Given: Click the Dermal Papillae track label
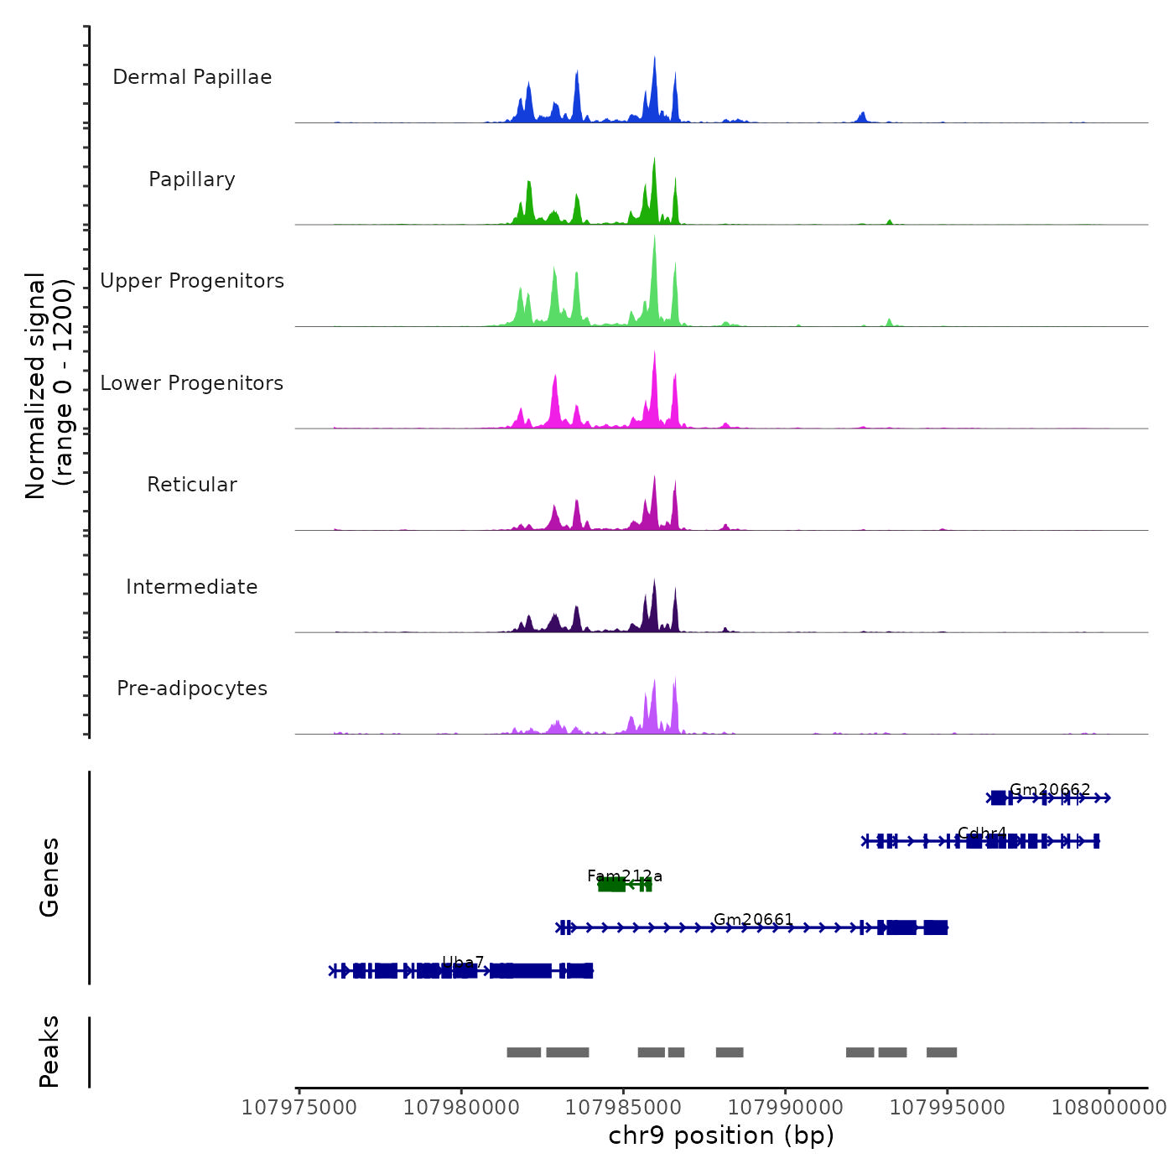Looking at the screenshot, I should pos(192,77).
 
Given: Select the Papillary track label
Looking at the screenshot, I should pos(192,179).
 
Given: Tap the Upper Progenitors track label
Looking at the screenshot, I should pos(192,281).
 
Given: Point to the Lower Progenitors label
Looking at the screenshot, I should pos(192,383).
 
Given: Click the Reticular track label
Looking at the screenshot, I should pos(192,485).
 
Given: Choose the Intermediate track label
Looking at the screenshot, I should pos(192,587).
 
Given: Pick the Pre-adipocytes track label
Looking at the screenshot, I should pos(192,688).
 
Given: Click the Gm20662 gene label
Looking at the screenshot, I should pos(1050,790).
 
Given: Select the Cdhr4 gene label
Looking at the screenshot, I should pos(982,834).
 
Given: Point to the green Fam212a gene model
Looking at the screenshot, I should pos(625,884).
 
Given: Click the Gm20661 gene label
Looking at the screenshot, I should pos(753,920).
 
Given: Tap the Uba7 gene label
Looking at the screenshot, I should pos(463,963).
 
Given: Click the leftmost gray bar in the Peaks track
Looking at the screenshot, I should pos(523,1052).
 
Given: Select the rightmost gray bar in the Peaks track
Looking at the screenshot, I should pos(941,1052).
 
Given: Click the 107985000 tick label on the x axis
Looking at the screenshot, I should pos(623,1108).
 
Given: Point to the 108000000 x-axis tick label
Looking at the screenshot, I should pos(1109,1108).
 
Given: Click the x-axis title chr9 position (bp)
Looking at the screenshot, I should pos(721,1135).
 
